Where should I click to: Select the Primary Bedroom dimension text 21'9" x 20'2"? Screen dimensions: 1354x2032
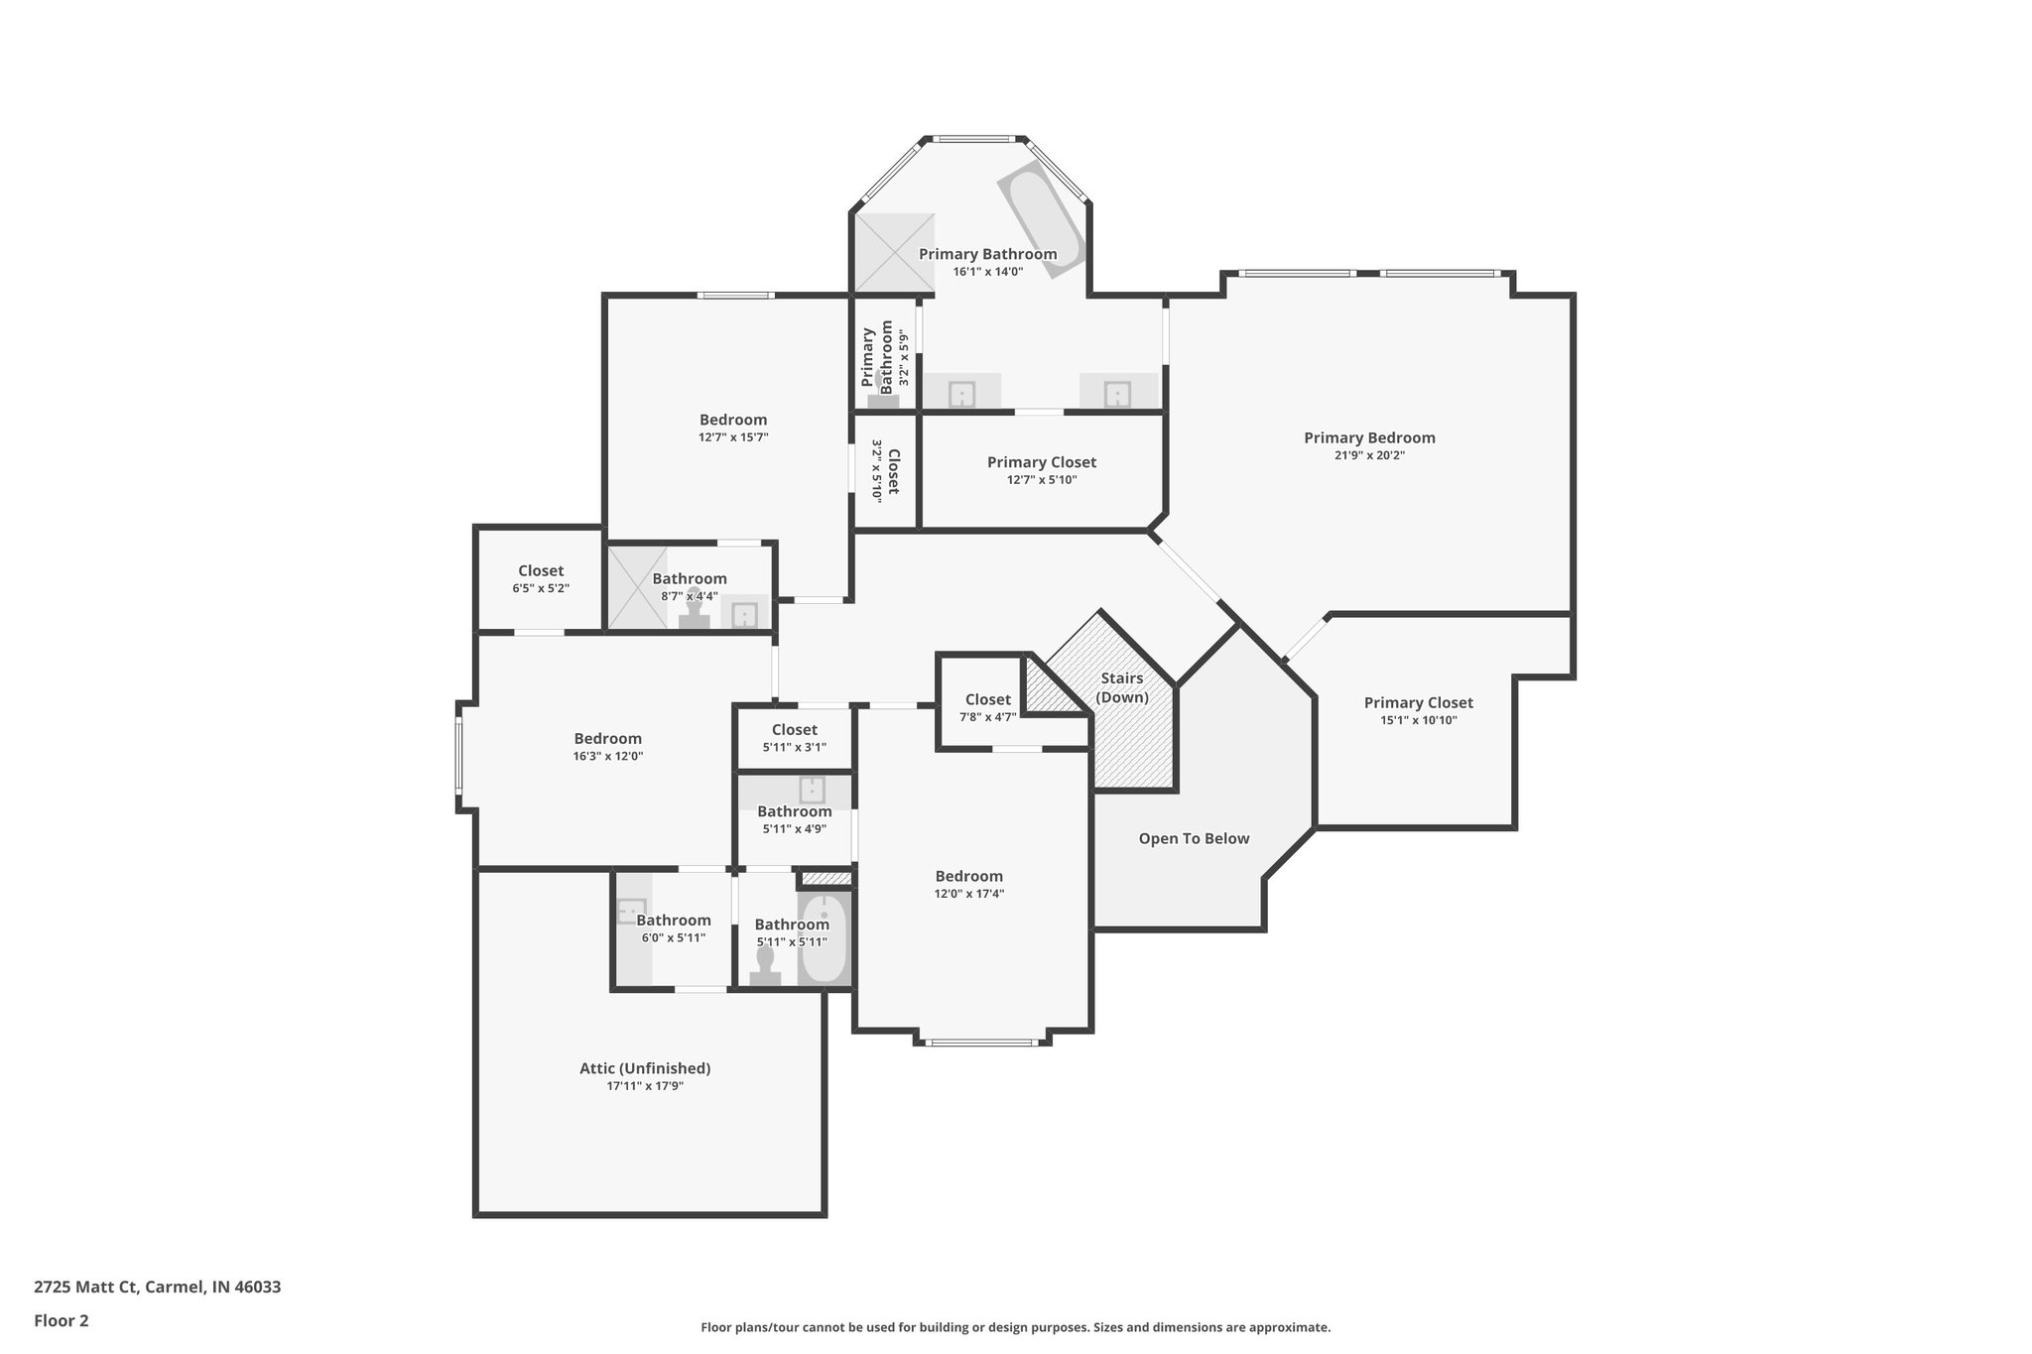[x=1369, y=456]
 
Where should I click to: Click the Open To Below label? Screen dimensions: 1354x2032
[x=1194, y=838]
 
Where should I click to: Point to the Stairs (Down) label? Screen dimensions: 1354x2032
[x=1122, y=687]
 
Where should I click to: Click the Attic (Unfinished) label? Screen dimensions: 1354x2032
[x=645, y=1068]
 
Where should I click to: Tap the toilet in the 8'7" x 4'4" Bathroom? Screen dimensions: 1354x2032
[x=695, y=608]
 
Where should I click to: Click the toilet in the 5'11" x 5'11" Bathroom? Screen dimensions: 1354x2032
[x=765, y=965]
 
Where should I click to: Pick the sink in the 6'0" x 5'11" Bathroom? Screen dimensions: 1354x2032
[x=631, y=910]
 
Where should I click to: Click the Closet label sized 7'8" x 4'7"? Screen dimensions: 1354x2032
[x=987, y=699]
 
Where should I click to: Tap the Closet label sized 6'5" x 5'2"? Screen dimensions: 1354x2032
[x=541, y=570]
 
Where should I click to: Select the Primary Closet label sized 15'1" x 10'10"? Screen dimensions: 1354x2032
[x=1418, y=702]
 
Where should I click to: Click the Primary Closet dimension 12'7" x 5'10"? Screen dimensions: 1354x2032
[x=1041, y=480]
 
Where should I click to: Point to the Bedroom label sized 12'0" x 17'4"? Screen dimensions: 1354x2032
[x=968, y=876]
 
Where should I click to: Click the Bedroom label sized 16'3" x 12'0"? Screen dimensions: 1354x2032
[x=607, y=738]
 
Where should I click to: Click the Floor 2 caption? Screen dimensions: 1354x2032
[x=62, y=1320]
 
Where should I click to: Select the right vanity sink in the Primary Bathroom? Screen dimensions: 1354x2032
[x=1117, y=394]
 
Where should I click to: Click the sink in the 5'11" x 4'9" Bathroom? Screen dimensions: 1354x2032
[x=812, y=790]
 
